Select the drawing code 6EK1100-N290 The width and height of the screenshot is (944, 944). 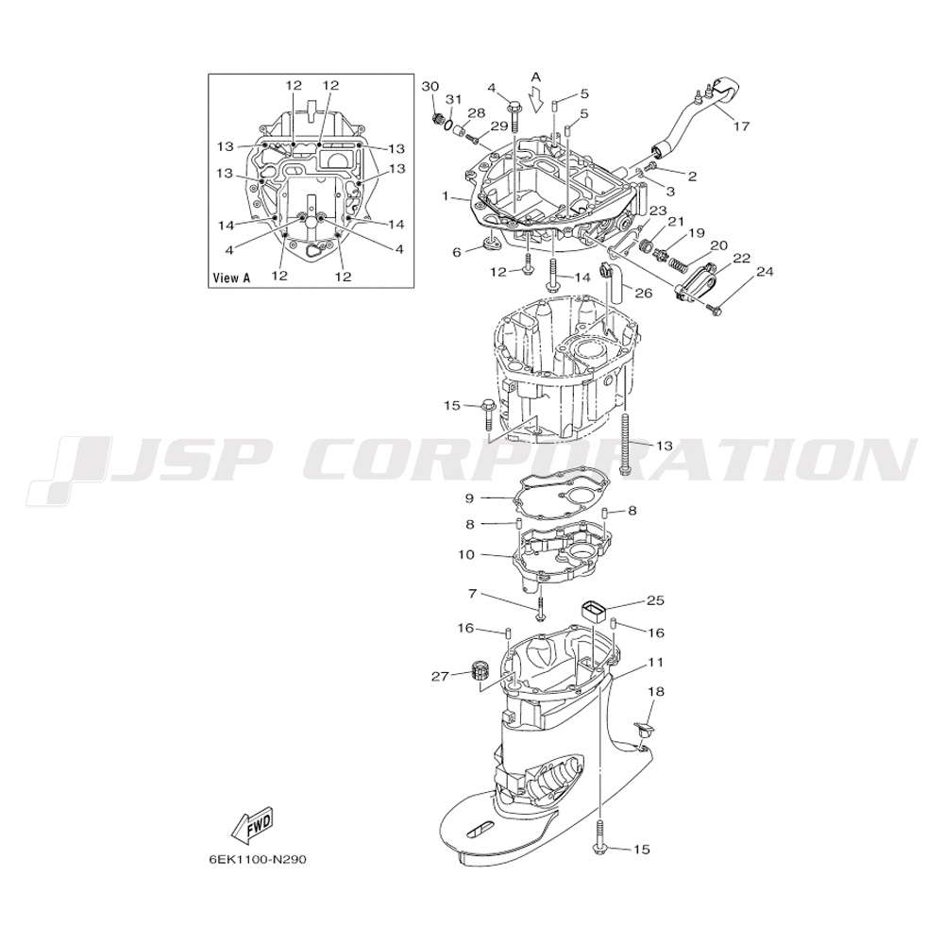tap(258, 860)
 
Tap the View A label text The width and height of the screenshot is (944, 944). tap(232, 278)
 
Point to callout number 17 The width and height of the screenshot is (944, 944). tap(741, 125)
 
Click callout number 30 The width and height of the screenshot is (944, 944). tap(430, 87)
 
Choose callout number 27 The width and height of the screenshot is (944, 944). tap(439, 675)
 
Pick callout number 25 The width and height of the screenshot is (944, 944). tap(655, 599)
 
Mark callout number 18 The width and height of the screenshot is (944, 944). tap(655, 692)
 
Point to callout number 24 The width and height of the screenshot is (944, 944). tap(765, 272)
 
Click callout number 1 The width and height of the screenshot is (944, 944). tap(445, 196)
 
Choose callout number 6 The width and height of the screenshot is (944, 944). tap(457, 252)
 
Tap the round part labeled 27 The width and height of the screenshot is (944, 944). tap(478, 674)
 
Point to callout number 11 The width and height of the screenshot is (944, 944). tap(655, 663)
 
